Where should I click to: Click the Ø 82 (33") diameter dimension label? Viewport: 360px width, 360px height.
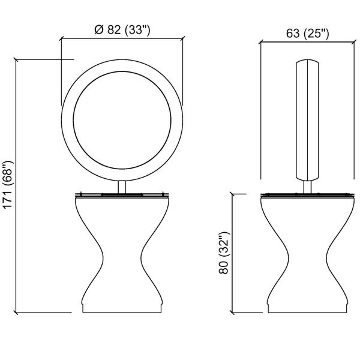point(122,29)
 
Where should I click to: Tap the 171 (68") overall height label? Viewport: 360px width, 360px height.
point(8,185)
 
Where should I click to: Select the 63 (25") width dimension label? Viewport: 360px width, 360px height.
point(307,34)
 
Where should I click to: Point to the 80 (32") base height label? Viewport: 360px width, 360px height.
point(224,253)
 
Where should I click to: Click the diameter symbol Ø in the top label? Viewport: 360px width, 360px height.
point(99,29)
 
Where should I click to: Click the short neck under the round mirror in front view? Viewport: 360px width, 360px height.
point(122,187)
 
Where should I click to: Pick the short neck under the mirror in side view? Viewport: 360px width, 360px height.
point(307,187)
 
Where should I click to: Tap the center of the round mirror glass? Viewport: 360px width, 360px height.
point(122,120)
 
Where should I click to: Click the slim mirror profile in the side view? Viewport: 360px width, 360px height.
point(307,121)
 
